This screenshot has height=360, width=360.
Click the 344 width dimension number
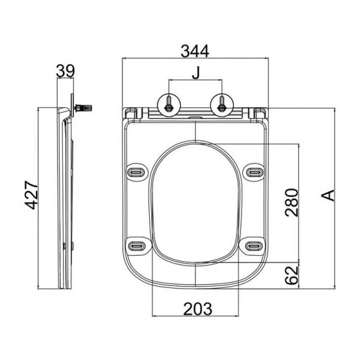coord(195,51)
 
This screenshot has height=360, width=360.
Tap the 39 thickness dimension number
coord(65,71)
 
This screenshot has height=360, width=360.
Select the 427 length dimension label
coord(31,195)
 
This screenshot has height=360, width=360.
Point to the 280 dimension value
coord(291,202)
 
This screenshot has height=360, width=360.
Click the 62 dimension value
coord(291,276)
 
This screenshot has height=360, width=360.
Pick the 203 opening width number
coord(198,309)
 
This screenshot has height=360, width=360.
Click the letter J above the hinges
coord(196,73)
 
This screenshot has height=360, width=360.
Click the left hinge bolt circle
coord(169,106)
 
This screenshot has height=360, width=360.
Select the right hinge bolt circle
coord(222,106)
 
